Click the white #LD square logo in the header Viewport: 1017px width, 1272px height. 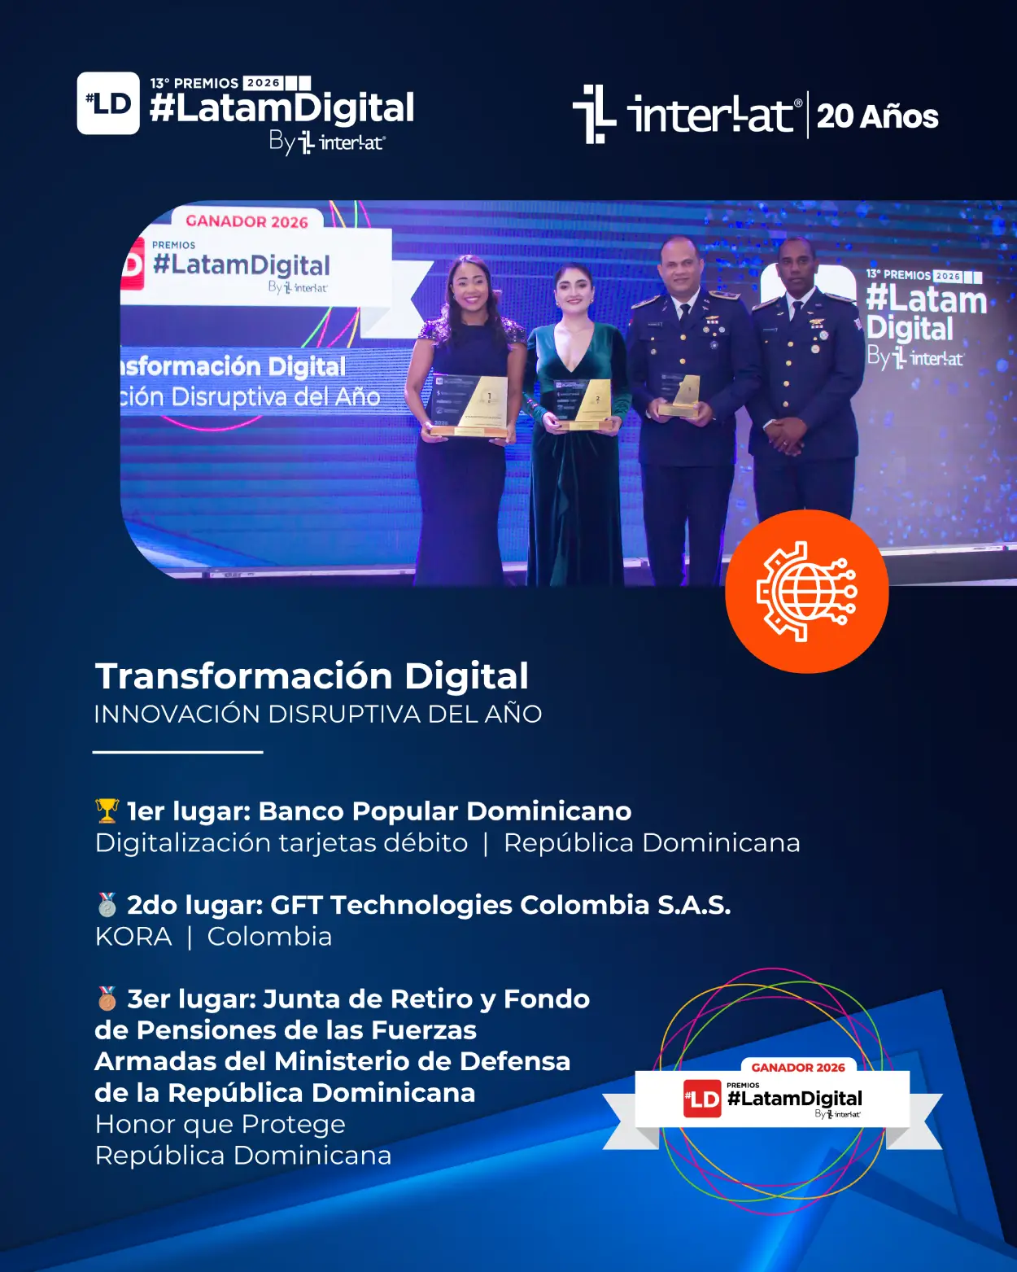point(108,103)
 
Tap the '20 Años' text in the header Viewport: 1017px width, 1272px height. point(878,116)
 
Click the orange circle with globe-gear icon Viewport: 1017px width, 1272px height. point(806,591)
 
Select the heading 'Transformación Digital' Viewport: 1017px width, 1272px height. point(312,675)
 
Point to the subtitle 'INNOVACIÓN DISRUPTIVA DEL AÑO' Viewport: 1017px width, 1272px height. point(318,714)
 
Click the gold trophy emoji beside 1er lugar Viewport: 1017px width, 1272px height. point(107,811)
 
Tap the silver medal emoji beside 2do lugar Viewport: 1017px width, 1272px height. point(107,905)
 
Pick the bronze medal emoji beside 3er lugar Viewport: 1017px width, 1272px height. point(107,999)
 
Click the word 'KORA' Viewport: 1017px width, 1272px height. point(133,937)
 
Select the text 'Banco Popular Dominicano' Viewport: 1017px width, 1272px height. point(445,811)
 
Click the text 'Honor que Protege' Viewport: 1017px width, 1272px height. point(220,1124)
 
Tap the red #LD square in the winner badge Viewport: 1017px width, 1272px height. point(702,1099)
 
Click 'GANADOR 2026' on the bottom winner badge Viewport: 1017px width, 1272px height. point(798,1068)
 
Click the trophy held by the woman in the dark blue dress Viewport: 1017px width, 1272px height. point(470,405)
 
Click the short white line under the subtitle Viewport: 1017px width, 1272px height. point(178,752)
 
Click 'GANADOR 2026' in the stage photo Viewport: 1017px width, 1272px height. point(247,221)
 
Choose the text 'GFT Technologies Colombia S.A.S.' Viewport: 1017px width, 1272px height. point(500,905)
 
